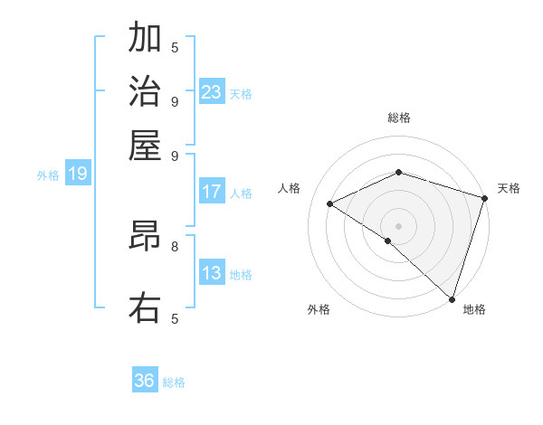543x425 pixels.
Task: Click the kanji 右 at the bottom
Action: click(x=145, y=307)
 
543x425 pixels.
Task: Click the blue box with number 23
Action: click(x=212, y=91)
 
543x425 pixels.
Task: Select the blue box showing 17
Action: click(x=212, y=192)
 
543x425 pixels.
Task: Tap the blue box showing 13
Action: click(x=212, y=273)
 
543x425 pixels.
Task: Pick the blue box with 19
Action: click(x=78, y=174)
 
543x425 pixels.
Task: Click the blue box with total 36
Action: click(x=145, y=381)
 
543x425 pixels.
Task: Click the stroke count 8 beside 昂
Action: click(x=175, y=245)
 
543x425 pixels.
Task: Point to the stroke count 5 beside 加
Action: click(x=175, y=47)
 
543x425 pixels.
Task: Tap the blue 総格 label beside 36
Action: click(x=175, y=382)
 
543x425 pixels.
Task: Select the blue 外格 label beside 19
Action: click(x=48, y=175)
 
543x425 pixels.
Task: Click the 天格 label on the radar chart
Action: click(x=509, y=188)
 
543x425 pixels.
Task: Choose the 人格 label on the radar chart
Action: click(x=290, y=188)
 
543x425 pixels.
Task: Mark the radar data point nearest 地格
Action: click(x=452, y=298)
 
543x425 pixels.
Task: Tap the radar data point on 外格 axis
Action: click(x=388, y=241)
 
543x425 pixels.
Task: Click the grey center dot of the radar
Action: click(x=398, y=225)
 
